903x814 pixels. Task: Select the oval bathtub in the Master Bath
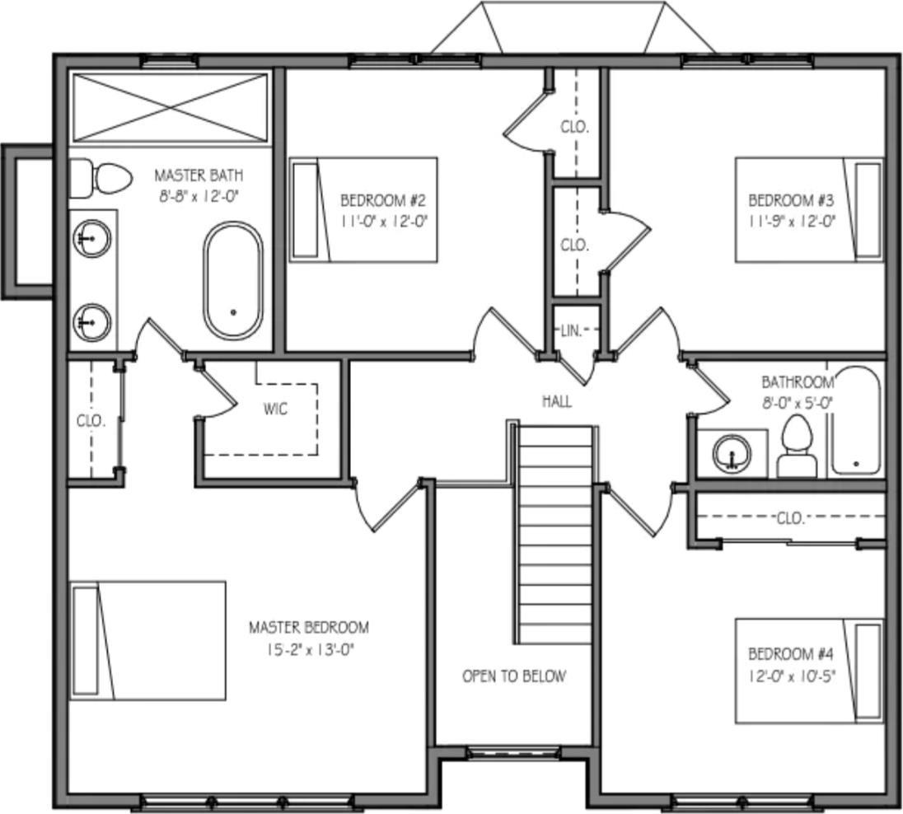coord(233,281)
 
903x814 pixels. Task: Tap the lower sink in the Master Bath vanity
coord(91,321)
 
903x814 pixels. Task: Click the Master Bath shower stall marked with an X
coord(171,108)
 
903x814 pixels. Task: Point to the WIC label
coord(275,409)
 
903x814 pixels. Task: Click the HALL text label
coord(557,402)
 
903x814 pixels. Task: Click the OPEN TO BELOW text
coord(514,676)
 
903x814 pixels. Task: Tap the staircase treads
coord(555,536)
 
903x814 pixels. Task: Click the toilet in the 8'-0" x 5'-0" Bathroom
coord(797,447)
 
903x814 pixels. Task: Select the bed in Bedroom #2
coord(363,210)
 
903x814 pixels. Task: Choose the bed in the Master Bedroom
coord(148,640)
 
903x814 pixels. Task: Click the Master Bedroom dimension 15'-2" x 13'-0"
coord(309,649)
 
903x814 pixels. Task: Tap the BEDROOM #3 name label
coord(791,200)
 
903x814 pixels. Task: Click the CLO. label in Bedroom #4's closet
coord(790,518)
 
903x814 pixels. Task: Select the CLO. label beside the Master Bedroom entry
coord(91,420)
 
